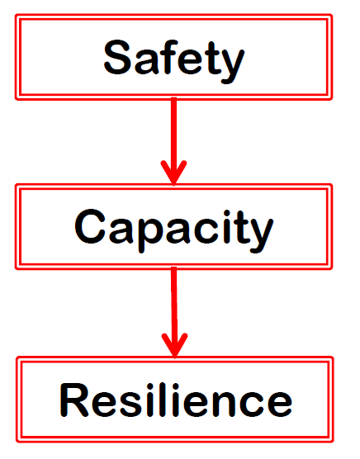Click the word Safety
[174, 61]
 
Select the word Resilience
[176, 400]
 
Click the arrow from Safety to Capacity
[174, 142]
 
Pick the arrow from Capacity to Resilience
[174, 313]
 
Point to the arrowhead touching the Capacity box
[174, 173]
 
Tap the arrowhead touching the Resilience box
[175, 346]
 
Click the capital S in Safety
[117, 57]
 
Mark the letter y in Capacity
[259, 235]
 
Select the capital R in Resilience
[74, 400]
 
